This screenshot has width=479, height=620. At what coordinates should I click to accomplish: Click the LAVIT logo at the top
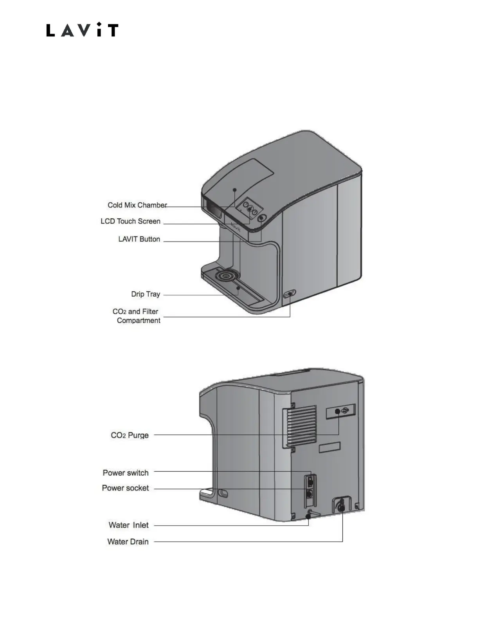(82, 30)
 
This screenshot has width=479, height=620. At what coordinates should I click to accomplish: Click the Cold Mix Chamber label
(137, 205)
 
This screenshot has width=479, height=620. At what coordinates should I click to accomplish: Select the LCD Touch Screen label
(130, 221)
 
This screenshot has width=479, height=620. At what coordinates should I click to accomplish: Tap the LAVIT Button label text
(139, 239)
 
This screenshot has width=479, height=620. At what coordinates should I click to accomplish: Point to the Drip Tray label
(145, 294)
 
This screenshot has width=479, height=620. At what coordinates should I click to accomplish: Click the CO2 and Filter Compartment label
(136, 316)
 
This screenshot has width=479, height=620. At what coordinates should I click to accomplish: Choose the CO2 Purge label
(130, 435)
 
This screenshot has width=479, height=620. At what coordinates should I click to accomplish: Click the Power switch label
(125, 473)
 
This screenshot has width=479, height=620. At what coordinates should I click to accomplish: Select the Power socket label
(125, 488)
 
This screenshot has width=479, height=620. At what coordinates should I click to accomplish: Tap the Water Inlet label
(128, 525)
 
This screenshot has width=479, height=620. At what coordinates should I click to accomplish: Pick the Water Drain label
(128, 542)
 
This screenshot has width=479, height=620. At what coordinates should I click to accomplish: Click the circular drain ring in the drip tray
(226, 276)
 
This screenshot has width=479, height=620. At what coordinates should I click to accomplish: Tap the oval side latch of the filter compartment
(290, 294)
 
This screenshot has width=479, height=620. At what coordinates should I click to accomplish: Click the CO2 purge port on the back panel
(338, 411)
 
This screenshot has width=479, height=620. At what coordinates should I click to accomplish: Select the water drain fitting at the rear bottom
(342, 506)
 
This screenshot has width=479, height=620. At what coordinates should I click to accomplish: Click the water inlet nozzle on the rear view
(310, 513)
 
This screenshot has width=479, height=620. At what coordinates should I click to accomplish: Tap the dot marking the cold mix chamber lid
(235, 189)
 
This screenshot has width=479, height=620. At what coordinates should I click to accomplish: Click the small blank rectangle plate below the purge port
(330, 447)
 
